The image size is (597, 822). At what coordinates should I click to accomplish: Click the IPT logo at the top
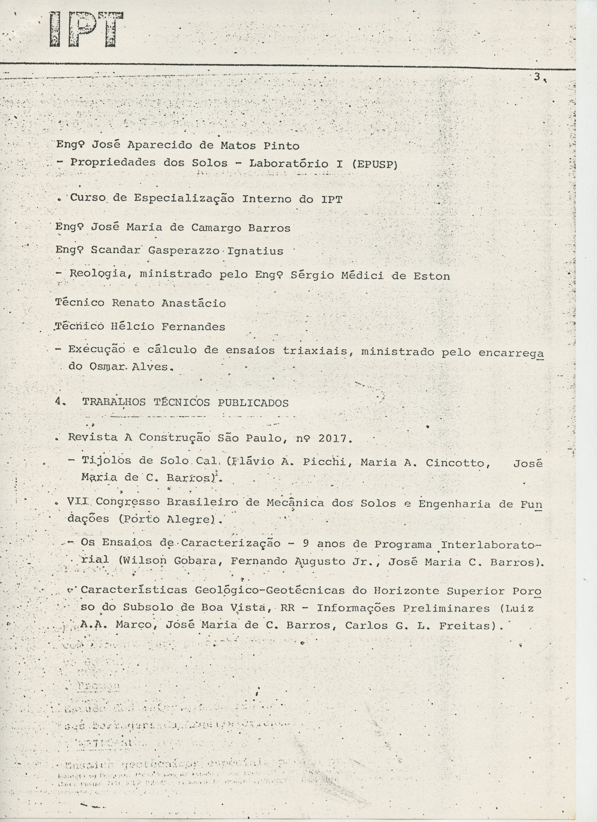click(x=86, y=30)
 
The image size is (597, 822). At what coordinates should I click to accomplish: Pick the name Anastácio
click(x=194, y=303)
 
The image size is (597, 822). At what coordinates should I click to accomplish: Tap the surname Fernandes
click(x=193, y=327)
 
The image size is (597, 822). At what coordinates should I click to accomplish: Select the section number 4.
click(x=58, y=402)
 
